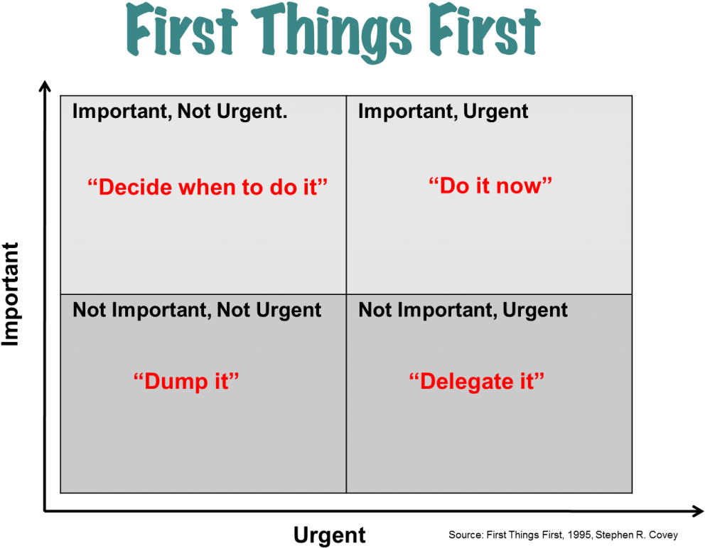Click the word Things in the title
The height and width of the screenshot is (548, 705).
point(331,33)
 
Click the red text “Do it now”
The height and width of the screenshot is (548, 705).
point(490,186)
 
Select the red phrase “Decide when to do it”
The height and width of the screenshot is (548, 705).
point(208,187)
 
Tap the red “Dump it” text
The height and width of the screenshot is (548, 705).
point(186,382)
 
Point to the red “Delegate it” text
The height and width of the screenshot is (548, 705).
point(477,382)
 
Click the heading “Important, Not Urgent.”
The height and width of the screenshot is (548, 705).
point(180,112)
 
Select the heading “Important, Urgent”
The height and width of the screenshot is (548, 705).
point(443,112)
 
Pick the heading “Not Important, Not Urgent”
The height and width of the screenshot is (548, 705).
point(197,310)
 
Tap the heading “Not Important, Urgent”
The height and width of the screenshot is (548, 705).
point(463,310)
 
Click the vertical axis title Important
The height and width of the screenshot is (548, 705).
point(11,294)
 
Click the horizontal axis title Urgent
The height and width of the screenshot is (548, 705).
point(330,535)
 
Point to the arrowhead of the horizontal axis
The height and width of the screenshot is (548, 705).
point(699,511)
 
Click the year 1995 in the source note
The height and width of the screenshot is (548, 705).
point(579,535)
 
